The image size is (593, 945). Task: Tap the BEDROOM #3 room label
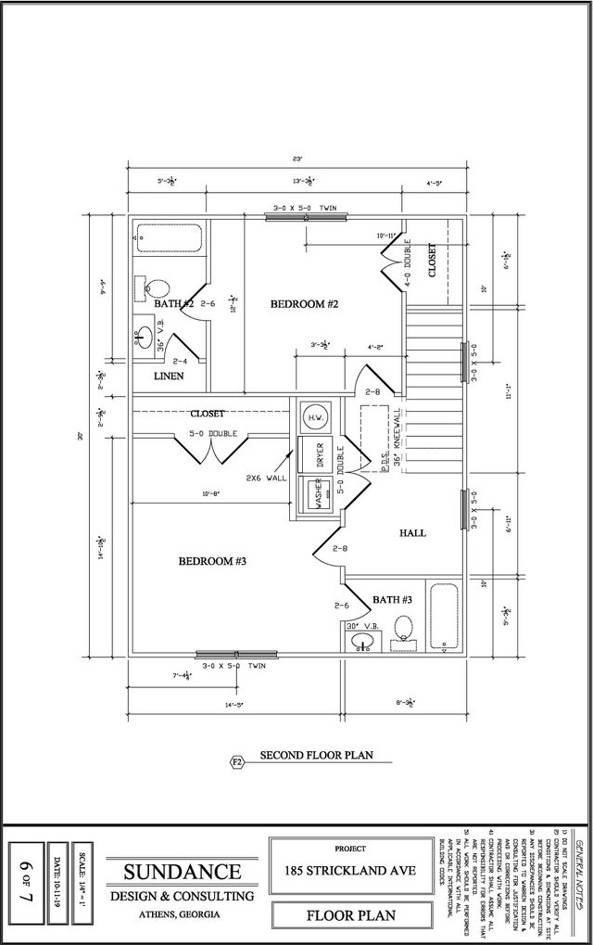211,561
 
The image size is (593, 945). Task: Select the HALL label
412,533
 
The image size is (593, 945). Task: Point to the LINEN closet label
168,376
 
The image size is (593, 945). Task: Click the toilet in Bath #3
402,629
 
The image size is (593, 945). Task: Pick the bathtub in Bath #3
443,616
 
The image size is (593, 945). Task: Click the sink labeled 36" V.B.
146,335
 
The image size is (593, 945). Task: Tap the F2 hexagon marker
236,762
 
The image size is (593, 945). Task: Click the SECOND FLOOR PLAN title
316,755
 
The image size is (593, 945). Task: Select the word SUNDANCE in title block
183,872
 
